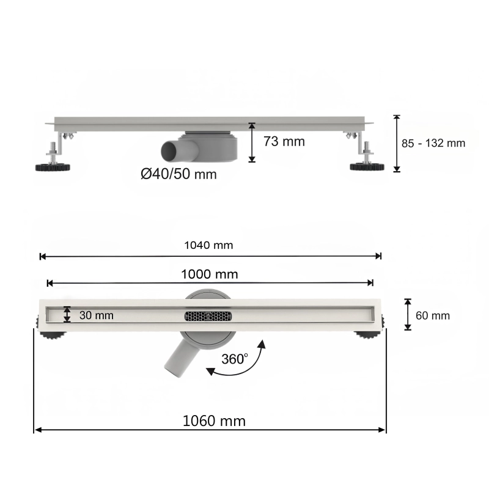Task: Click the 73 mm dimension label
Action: pyautogui.click(x=284, y=142)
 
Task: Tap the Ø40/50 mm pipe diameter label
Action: pyautogui.click(x=178, y=174)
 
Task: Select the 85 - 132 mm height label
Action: pyautogui.click(x=433, y=143)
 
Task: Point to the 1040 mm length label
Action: pyautogui.click(x=208, y=246)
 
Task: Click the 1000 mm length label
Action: pyautogui.click(x=210, y=274)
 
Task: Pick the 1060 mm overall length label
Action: pyautogui.click(x=214, y=421)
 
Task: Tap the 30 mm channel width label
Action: pyautogui.click(x=97, y=315)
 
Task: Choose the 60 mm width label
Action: pyautogui.click(x=433, y=315)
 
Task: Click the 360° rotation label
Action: pyautogui.click(x=235, y=359)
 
